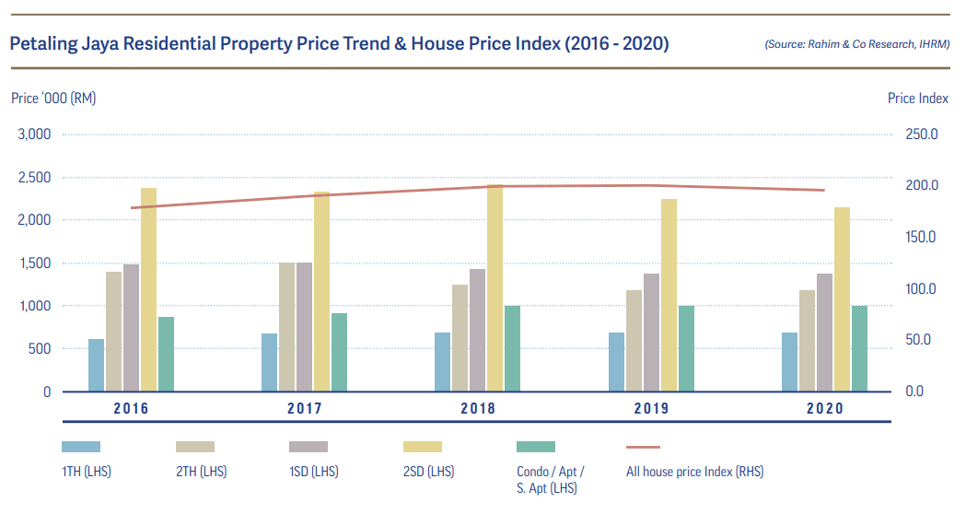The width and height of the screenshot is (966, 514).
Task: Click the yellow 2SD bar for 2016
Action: [x=148, y=289]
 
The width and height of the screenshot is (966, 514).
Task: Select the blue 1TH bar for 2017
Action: [x=269, y=362]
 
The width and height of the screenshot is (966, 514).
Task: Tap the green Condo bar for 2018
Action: [x=513, y=348]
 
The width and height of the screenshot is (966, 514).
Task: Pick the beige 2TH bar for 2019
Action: [x=634, y=341]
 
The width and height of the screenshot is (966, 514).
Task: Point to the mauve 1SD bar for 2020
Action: [x=824, y=333]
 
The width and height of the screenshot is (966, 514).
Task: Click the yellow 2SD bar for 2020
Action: [x=842, y=299]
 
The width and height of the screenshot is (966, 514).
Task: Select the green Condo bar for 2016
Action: [x=166, y=354]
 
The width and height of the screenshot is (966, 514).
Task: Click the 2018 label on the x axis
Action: [x=478, y=408]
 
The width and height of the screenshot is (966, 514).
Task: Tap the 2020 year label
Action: [x=824, y=408]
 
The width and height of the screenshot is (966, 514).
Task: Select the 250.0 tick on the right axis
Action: [x=921, y=134]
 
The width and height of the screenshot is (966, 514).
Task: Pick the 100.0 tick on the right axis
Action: [x=921, y=288]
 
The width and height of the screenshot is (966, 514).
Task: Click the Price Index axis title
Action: [x=917, y=99]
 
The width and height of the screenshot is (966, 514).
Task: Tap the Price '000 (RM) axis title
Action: [x=53, y=99]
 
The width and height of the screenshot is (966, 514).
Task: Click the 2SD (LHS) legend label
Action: [x=428, y=472]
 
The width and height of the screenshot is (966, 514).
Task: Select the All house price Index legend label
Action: [x=694, y=472]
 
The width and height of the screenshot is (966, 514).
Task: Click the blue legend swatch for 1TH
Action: [x=81, y=447]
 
